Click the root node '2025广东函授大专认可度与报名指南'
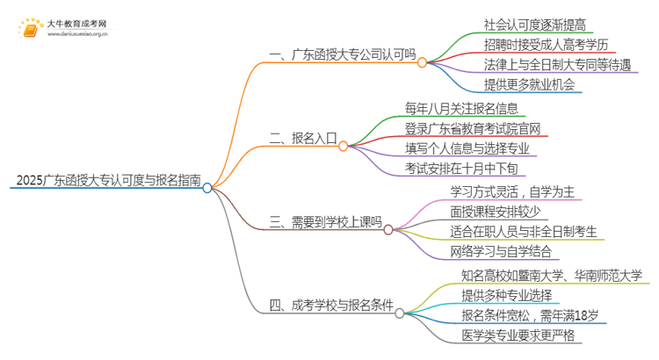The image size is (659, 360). pos(104,181)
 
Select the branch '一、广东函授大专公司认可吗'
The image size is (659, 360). pos(342,54)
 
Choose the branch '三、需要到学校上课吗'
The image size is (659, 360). pos(325,222)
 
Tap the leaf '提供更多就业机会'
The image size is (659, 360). pos(529,85)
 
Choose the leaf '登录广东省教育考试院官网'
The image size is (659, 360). pos(472,129)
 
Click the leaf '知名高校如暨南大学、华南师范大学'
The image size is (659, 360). pos(552,276)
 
